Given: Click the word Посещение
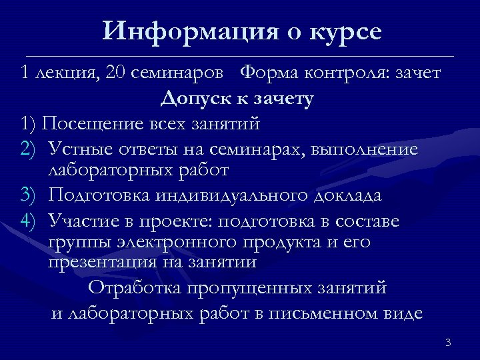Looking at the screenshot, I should tap(89, 123).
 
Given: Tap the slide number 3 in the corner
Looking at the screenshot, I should tap(448, 343).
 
